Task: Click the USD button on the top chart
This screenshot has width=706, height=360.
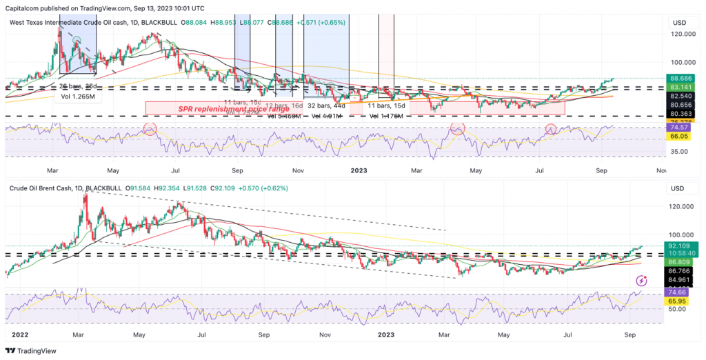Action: pyautogui.click(x=678, y=23)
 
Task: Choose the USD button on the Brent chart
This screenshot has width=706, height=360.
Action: pyautogui.click(x=678, y=188)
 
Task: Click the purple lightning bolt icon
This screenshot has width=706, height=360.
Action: pyautogui.click(x=642, y=281)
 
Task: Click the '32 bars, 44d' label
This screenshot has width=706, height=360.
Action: pyautogui.click(x=327, y=106)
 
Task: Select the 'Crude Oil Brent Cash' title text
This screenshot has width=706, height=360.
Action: pyautogui.click(x=43, y=188)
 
